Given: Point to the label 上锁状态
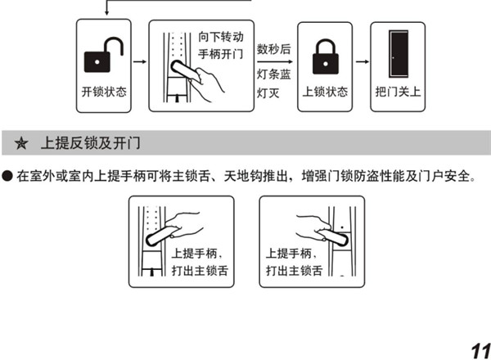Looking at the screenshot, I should click(x=319, y=90).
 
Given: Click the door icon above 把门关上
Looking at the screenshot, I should click(x=398, y=55).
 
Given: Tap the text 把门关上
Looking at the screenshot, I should click(x=398, y=90).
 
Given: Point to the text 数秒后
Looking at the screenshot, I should click(x=273, y=47).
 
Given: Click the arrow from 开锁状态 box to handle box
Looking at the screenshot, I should click(x=138, y=61).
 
